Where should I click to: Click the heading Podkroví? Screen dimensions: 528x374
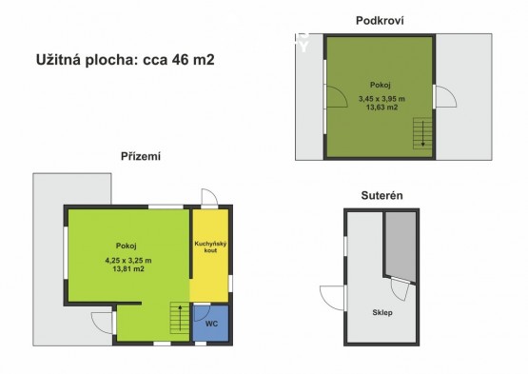point(380,21)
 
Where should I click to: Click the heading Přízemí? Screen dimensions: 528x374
point(141,156)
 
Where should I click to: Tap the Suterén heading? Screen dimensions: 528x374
point(381,195)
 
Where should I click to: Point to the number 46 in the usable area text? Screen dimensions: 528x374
point(181,60)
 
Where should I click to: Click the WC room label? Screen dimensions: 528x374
point(211,324)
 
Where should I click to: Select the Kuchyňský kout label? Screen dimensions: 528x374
point(210,247)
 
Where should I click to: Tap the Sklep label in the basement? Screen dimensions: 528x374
point(382,313)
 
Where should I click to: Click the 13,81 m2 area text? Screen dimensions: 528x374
point(128,269)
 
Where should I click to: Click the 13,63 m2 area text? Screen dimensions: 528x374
point(381,108)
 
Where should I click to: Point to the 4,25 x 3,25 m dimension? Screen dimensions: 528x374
point(128,261)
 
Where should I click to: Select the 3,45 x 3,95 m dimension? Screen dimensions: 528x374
point(381,99)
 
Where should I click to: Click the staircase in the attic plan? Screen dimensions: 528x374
point(422,133)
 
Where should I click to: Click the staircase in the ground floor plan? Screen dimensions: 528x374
point(180,318)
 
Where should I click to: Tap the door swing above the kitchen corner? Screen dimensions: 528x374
point(209,197)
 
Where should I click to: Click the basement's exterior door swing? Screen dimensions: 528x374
point(332,298)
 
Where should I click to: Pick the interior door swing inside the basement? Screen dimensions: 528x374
point(400,289)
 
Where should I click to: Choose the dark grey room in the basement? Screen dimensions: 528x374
point(401,246)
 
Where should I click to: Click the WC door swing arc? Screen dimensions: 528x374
point(203,313)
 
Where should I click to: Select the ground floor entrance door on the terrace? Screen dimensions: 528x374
point(102,323)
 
